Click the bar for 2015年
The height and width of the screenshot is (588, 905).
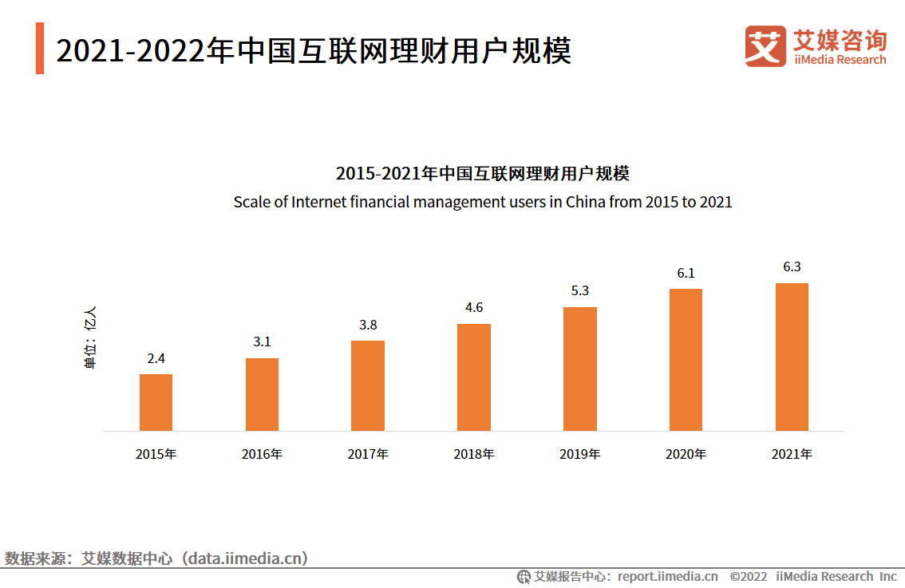click(x=156, y=402)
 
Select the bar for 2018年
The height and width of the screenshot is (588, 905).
click(x=474, y=377)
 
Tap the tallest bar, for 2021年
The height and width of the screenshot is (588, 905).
click(x=792, y=357)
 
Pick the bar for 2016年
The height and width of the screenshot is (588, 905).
click(x=262, y=394)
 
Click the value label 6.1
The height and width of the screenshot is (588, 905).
click(x=686, y=273)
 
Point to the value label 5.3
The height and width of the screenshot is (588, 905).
click(x=579, y=290)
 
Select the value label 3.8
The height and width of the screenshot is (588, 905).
click(x=368, y=325)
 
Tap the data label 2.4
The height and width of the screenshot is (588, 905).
click(x=156, y=358)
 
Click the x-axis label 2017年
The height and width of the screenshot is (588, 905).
click(x=368, y=454)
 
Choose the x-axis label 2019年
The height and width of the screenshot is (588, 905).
click(x=579, y=454)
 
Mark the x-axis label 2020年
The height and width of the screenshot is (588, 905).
click(x=686, y=454)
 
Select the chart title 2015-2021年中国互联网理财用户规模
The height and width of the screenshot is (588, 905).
click(x=482, y=173)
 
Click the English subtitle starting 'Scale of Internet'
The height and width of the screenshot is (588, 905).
click(x=482, y=202)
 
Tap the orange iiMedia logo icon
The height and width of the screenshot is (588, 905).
click(x=765, y=45)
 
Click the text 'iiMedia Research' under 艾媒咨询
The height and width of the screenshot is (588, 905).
click(x=839, y=60)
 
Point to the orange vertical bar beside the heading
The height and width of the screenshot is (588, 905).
click(x=40, y=49)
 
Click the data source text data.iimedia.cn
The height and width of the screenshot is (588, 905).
click(x=244, y=558)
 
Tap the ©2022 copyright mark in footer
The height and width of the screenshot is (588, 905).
click(x=748, y=576)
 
